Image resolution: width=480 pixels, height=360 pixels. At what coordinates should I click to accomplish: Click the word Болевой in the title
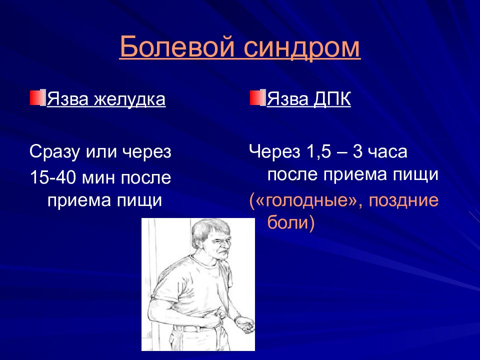click(177, 46)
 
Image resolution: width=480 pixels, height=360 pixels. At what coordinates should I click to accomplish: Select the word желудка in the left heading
click(129, 99)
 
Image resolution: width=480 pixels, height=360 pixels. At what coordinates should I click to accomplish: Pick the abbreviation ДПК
click(332, 99)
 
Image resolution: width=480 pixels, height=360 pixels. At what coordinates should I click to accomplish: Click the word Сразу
click(54, 152)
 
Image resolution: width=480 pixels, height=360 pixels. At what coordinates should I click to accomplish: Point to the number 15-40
click(52, 177)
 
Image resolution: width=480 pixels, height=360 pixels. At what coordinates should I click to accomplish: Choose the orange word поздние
click(403, 201)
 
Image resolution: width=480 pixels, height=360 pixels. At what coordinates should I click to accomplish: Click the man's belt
click(196, 328)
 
